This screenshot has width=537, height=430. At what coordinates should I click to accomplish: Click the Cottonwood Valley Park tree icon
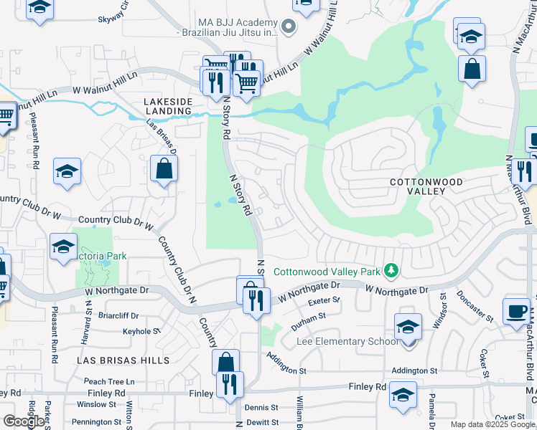point(391,271)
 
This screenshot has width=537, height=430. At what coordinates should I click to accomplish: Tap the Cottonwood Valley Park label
point(327,272)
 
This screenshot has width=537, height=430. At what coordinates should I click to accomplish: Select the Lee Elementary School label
point(347,342)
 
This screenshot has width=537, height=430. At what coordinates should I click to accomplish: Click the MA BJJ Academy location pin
point(288,28)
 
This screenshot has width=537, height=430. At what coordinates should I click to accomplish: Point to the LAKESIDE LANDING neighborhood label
point(167,106)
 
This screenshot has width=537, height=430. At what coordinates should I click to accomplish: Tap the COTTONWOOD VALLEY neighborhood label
point(426,188)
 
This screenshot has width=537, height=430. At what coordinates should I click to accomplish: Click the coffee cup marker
point(516,310)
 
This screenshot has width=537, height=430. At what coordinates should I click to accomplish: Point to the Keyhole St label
point(141,332)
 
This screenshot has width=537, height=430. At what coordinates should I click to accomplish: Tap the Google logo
point(24,421)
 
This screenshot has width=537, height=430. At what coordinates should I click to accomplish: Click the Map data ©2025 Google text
point(492,424)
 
